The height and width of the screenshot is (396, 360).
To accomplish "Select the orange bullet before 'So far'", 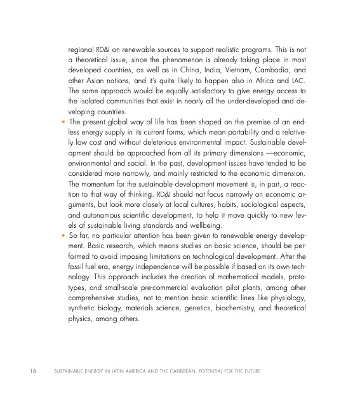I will [x=62, y=240].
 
